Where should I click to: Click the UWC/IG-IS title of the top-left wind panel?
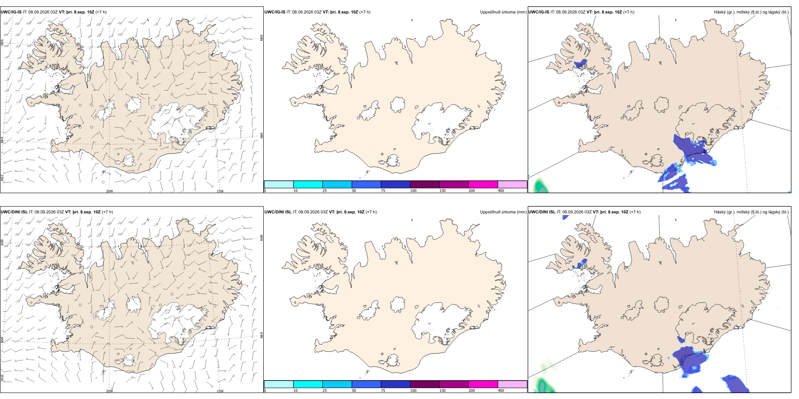[11, 12]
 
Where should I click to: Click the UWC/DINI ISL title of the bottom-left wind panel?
[14, 212]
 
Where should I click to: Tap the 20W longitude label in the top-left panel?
[109, 191]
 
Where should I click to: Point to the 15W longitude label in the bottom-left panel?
[220, 391]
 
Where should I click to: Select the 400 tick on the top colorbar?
[501, 191]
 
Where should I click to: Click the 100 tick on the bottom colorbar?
[413, 391]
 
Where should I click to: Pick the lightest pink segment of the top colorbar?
[512, 184]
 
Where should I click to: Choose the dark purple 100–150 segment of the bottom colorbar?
[425, 384]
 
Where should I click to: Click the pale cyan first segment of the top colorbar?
[279, 184]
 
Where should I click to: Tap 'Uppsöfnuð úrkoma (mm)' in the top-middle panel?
[503, 12]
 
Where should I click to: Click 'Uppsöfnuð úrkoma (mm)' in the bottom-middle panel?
[503, 212]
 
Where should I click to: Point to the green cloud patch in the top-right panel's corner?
[539, 186]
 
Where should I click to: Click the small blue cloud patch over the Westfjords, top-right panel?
[581, 64]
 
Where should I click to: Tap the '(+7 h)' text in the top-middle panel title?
[365, 12]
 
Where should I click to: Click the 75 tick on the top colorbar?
[383, 191]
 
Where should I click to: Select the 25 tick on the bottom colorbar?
[325, 391]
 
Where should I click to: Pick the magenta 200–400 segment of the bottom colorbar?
[483, 384]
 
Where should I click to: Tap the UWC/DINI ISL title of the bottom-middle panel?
[278, 212]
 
